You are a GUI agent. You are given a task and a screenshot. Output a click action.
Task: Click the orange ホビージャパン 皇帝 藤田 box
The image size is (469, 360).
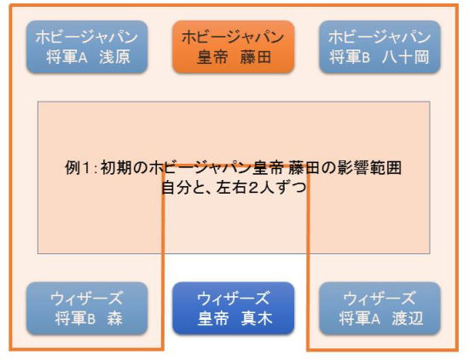coord(234,47)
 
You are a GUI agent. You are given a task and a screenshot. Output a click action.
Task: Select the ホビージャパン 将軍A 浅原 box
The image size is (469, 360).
coord(87,47)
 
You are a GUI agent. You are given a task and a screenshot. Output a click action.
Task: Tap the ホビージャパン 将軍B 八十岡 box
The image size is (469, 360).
coord(379,47)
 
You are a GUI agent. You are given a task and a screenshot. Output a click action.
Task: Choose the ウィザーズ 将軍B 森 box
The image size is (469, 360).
coord(87,308)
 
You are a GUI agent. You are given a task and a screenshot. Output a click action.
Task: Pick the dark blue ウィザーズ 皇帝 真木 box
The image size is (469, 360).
coord(234,308)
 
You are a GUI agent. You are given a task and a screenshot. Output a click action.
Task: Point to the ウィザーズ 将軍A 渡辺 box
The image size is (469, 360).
coord(379,308)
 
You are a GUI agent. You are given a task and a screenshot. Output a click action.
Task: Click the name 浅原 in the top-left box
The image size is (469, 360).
coord(115,57)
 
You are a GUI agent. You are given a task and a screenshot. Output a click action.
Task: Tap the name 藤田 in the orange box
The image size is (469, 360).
coord(256,57)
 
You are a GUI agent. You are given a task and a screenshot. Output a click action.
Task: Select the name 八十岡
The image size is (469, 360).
coord(406,57)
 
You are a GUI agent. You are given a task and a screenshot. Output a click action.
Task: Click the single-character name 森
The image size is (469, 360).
coord(114,318)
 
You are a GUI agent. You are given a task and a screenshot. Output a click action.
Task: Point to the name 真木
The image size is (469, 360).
coord(257,318)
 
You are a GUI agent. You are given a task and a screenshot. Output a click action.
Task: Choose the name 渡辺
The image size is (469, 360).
coord(408,318)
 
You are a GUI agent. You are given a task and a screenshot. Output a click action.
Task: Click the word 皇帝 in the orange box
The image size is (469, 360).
coord(212,57)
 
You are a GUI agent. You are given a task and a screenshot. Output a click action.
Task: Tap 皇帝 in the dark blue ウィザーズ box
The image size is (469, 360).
coord(213,318)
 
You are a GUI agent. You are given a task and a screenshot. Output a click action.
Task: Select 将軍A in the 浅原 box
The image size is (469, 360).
coord(67,57)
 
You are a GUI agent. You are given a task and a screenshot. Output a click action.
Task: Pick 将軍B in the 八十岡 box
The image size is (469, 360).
coord(350,57)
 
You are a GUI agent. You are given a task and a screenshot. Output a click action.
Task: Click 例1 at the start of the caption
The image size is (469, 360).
coord(77,168)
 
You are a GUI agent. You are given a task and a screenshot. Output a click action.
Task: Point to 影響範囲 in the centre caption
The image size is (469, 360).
coord(369,168)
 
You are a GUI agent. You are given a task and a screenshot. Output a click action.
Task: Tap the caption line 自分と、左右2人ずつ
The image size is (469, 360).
coord(234,188)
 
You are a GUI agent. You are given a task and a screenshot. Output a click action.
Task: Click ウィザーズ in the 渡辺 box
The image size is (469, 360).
coord(379,299)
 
